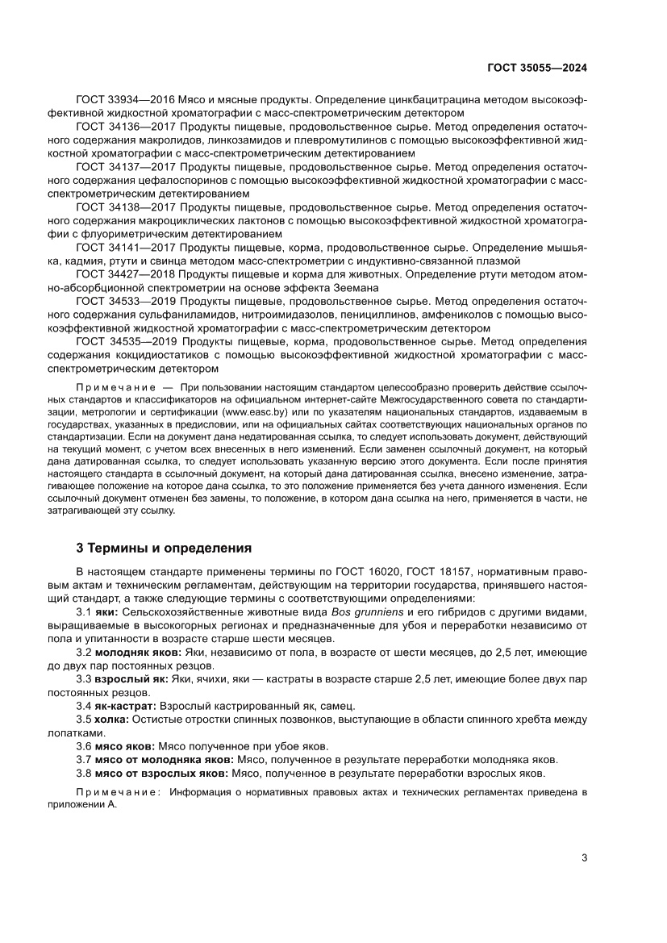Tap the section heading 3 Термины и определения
tap(164, 548)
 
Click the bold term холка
tap(112, 719)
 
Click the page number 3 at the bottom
tap(584, 857)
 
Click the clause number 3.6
tap(83, 746)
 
